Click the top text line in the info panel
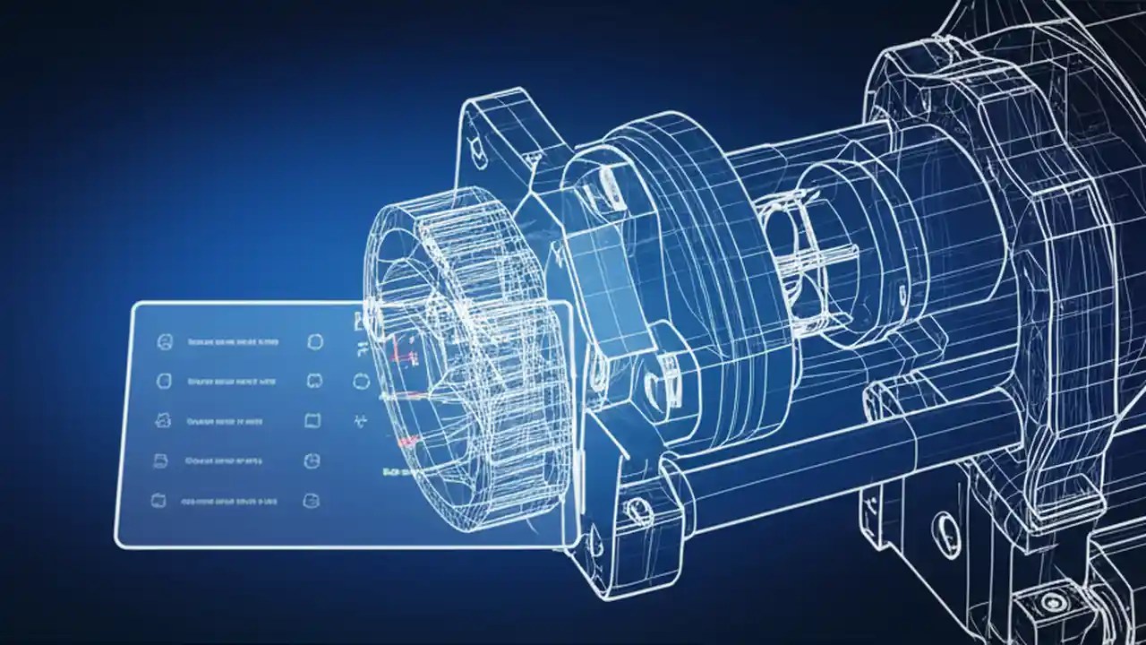(x=232, y=341)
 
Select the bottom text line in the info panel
(x=228, y=502)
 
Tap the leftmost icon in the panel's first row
(x=164, y=340)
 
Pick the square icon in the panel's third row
(x=312, y=419)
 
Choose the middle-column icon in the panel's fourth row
(x=312, y=460)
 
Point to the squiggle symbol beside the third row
(x=362, y=419)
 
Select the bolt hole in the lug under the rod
(x=637, y=512)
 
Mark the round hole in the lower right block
(x=943, y=524)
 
